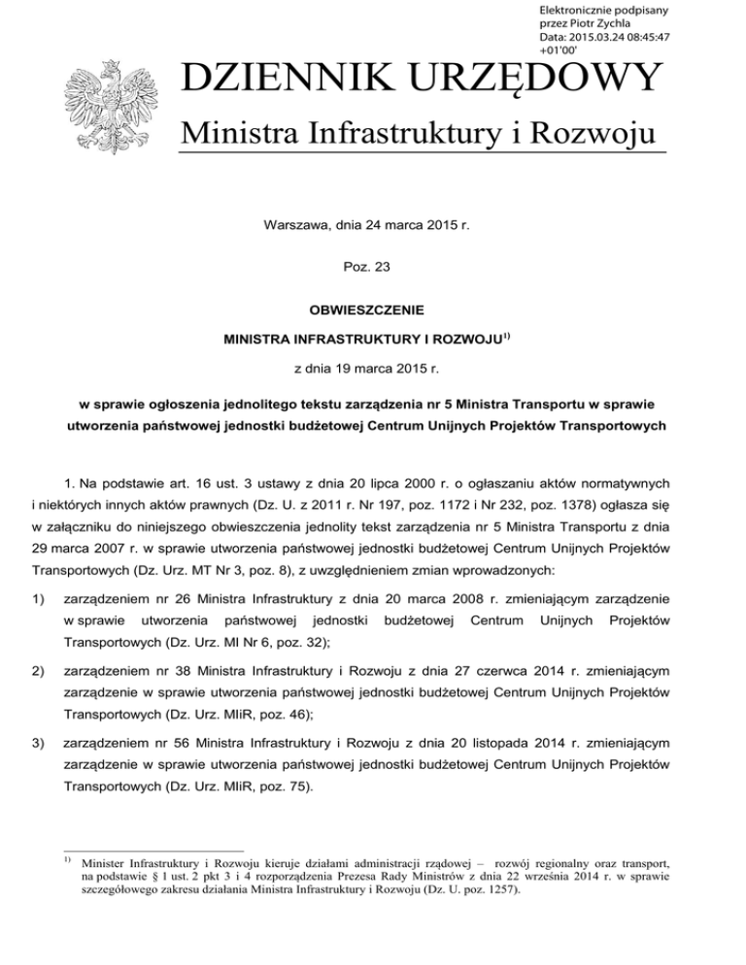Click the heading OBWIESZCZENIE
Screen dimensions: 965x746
pyautogui.click(x=373, y=313)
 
